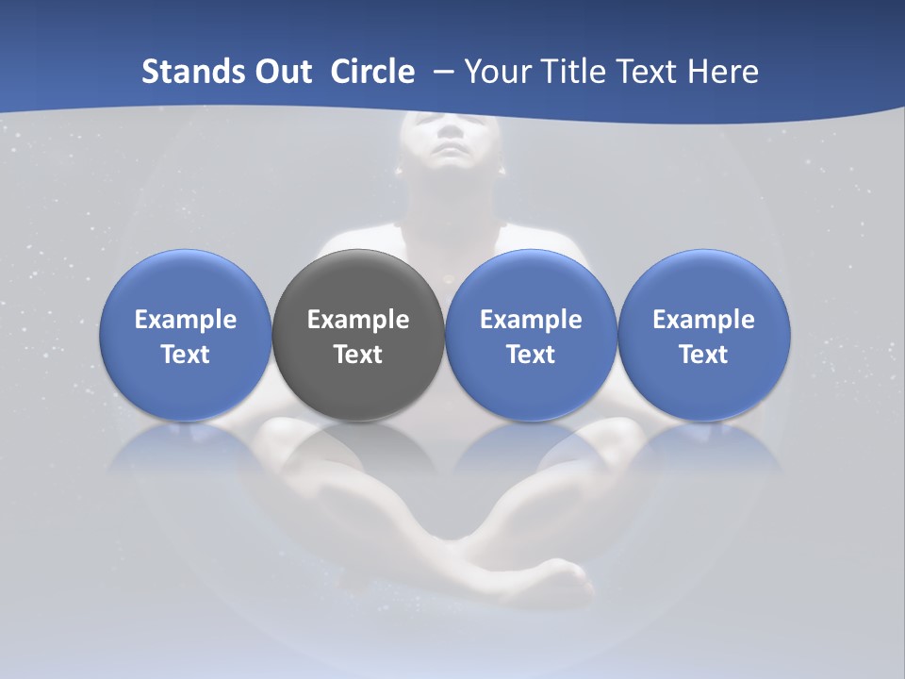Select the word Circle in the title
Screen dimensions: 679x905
coord(372,72)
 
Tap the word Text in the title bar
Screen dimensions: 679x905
coord(648,72)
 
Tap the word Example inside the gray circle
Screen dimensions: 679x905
coord(358,320)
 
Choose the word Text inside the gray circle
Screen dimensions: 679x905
coord(358,355)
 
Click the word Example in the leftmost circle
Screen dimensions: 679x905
coord(186,320)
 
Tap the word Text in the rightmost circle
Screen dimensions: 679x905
coord(704,355)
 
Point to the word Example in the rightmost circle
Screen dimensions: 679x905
coord(704,320)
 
